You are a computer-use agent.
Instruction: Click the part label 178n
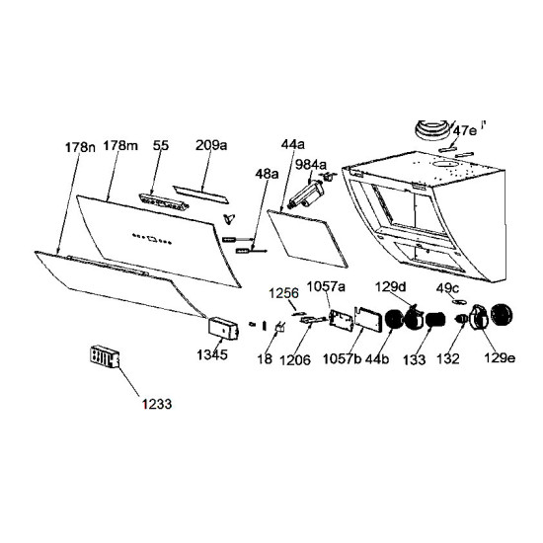[80, 147]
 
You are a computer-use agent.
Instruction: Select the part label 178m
[120, 145]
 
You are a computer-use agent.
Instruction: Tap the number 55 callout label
[161, 145]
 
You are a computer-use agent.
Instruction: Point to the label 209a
[211, 145]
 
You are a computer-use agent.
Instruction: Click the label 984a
[311, 165]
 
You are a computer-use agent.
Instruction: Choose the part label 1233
[157, 404]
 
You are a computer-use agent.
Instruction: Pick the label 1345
[212, 354]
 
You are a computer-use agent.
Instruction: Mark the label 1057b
[342, 358]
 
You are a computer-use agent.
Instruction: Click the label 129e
[499, 357]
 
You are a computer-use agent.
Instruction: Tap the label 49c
[447, 288]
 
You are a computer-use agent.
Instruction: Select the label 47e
[465, 131]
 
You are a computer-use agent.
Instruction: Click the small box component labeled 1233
[105, 356]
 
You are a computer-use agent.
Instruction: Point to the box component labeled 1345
[223, 328]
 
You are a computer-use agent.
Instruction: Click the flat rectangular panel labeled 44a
[307, 238]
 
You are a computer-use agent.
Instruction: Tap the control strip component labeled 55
[164, 201]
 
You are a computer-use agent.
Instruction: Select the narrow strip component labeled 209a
[200, 194]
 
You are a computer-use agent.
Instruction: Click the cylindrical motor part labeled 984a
[307, 194]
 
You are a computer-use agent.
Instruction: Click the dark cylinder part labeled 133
[435, 319]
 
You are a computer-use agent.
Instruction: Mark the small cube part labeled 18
[279, 327]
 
